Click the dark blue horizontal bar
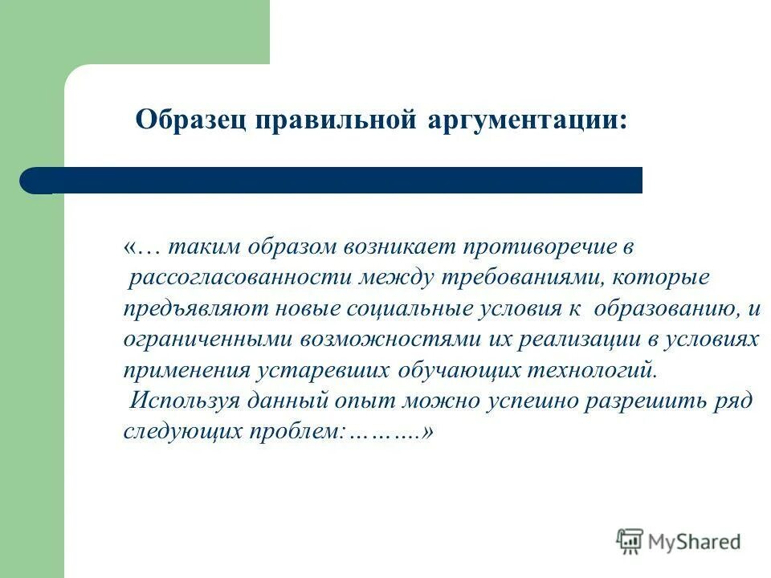(x=331, y=180)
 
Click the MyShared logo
(x=679, y=541)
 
